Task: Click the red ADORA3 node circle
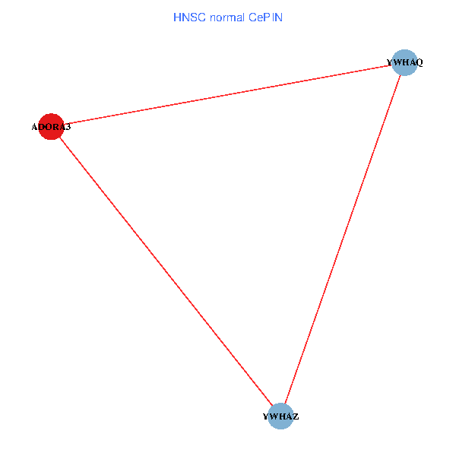click(x=50, y=127)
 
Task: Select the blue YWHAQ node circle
click(x=406, y=62)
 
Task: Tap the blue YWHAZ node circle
click(x=280, y=416)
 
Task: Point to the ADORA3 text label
click(x=51, y=127)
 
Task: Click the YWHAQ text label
click(x=404, y=62)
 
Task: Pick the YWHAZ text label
click(x=280, y=416)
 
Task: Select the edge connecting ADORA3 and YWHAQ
click(x=228, y=95)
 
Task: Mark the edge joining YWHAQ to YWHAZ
click(x=343, y=239)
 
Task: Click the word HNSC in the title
click(x=189, y=17)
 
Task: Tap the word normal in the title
click(x=226, y=17)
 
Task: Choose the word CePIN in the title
click(x=264, y=17)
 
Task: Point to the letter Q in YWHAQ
click(x=419, y=62)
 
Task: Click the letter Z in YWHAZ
click(x=296, y=416)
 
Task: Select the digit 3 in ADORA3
click(x=68, y=127)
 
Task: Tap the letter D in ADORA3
click(x=43, y=127)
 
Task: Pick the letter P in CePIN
click(x=267, y=17)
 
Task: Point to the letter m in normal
click(x=228, y=17)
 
